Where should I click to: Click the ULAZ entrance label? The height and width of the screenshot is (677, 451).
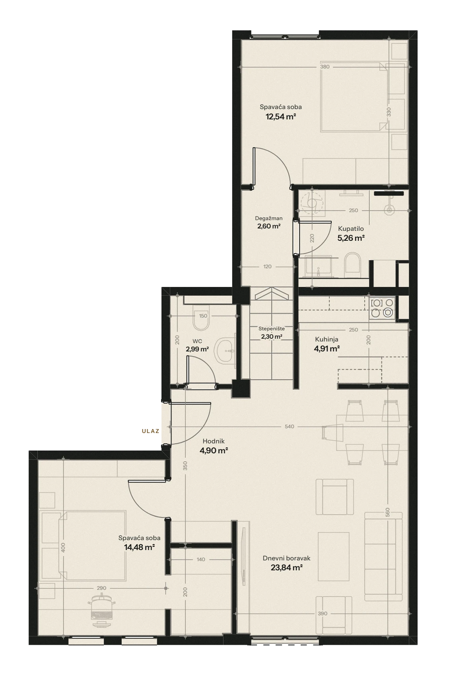click(x=150, y=431)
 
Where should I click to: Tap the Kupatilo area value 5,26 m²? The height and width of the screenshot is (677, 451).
click(x=351, y=238)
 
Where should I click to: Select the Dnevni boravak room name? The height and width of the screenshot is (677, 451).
click(x=286, y=558)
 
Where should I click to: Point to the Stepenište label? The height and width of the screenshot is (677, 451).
click(x=272, y=329)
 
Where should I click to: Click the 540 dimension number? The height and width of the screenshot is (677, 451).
click(x=289, y=427)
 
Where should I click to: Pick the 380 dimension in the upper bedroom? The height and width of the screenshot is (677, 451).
click(x=325, y=67)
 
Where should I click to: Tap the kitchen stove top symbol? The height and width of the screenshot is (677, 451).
click(x=382, y=308)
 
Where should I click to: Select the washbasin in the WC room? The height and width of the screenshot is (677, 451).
click(x=225, y=351)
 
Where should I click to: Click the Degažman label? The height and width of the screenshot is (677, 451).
click(x=268, y=218)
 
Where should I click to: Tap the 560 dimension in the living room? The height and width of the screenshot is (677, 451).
click(x=388, y=512)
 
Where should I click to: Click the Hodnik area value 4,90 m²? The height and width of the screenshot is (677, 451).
click(x=214, y=451)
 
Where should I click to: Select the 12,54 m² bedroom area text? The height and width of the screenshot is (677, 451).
click(x=281, y=117)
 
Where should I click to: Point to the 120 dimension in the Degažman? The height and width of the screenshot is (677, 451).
click(x=267, y=267)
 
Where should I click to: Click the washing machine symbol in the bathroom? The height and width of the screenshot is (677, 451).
click(x=312, y=203)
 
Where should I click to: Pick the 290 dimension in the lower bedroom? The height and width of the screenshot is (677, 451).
click(x=101, y=588)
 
